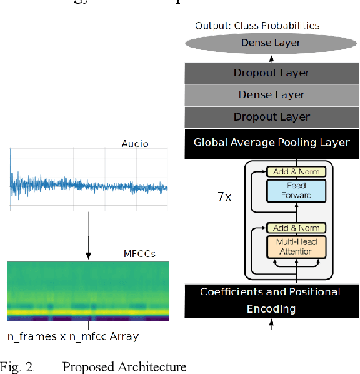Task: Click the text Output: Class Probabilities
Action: (x=257, y=26)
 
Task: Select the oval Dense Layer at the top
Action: (x=271, y=43)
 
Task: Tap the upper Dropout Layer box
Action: (x=271, y=73)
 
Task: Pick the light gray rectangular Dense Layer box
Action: (x=271, y=95)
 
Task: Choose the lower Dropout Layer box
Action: (x=271, y=117)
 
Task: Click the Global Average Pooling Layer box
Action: (x=271, y=143)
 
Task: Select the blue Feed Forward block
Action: (x=297, y=190)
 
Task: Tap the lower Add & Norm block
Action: (x=297, y=228)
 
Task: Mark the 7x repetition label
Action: (x=224, y=196)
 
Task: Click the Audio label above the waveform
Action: (x=135, y=144)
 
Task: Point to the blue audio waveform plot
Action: (x=89, y=181)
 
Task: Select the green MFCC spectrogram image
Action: (x=88, y=291)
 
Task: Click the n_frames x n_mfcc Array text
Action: (x=73, y=336)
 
